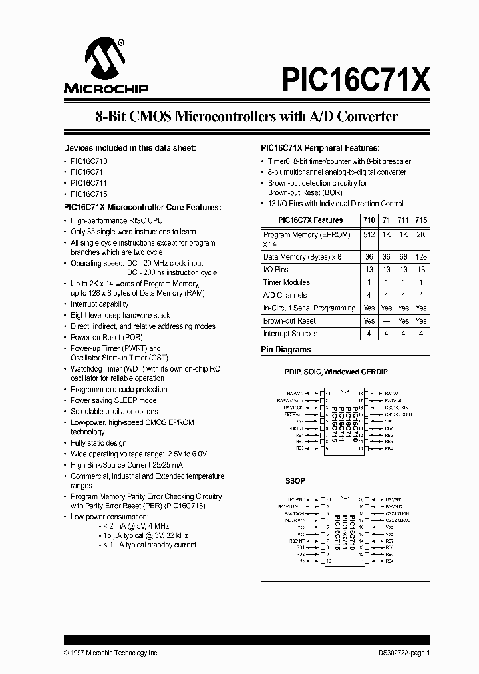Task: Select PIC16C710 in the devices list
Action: click(x=89, y=162)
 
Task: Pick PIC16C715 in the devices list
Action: click(x=89, y=194)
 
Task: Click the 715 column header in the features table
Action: click(x=421, y=220)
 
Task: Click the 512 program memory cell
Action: click(x=369, y=235)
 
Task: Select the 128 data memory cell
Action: click(x=421, y=257)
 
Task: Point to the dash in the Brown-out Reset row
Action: click(x=387, y=321)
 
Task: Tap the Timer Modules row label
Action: click(x=287, y=282)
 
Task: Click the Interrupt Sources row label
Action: click(x=290, y=334)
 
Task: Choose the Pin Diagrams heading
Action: click(x=285, y=350)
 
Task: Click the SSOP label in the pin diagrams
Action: click(x=295, y=480)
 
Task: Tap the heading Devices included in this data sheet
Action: click(x=130, y=148)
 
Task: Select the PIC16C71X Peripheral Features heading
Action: click(x=319, y=148)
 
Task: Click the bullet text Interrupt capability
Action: click(x=100, y=304)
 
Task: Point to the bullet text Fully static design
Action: click(x=98, y=443)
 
